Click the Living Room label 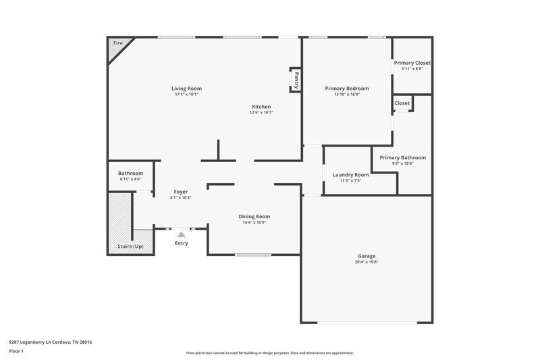(x=186, y=88)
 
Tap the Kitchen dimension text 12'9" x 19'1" (x=261, y=113)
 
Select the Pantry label (x=296, y=80)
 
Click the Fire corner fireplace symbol (x=119, y=47)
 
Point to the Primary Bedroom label (x=347, y=88)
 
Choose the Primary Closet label (x=412, y=63)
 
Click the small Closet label (x=402, y=103)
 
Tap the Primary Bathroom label (x=402, y=157)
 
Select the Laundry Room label (x=350, y=174)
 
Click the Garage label (x=367, y=256)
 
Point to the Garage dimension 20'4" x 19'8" (x=367, y=262)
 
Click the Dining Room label (x=254, y=216)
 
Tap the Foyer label (x=180, y=192)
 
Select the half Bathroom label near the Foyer (x=130, y=173)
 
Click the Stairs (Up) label (x=130, y=247)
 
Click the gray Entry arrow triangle (x=181, y=234)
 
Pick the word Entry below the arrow (x=181, y=243)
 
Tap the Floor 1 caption (x=17, y=352)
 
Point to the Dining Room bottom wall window (x=253, y=255)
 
